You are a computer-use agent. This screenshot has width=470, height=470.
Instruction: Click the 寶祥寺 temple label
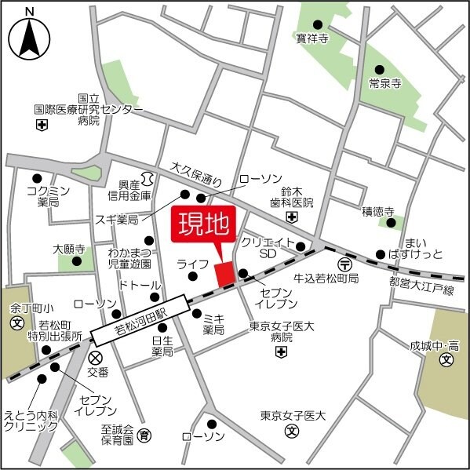tap(312, 37)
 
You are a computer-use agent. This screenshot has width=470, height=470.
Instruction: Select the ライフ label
tap(191, 264)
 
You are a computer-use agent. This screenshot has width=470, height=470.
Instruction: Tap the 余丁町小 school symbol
tap(16, 322)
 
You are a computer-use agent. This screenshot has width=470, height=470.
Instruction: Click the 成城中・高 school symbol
tap(446, 360)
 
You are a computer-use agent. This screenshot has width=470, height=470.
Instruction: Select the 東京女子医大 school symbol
tap(291, 430)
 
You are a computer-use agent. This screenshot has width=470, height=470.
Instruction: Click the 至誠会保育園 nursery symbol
tap(144, 434)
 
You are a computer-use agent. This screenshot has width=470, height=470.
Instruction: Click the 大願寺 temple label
tap(68, 249)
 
